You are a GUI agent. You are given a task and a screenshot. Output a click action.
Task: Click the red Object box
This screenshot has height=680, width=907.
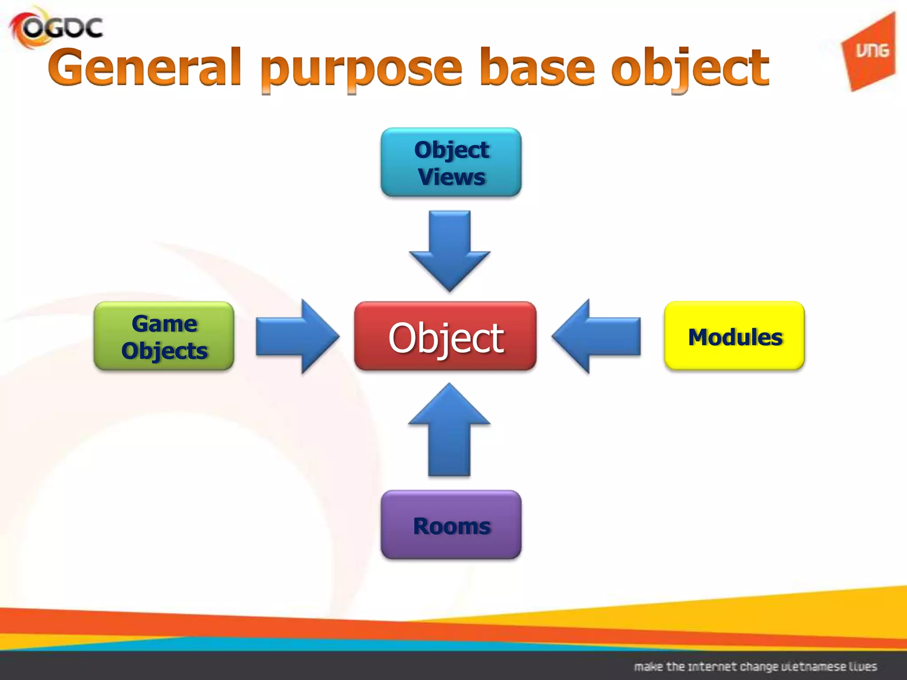point(445,336)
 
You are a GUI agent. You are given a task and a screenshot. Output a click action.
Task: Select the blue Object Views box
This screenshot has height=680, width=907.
point(451,162)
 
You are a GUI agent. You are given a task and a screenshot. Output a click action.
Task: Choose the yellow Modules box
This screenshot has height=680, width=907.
point(734,336)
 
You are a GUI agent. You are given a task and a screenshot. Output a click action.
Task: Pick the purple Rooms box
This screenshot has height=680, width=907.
point(451,525)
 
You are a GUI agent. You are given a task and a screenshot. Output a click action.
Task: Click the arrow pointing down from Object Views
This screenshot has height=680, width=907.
point(450,248)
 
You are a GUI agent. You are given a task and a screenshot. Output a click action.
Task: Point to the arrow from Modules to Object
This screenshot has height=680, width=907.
point(598,336)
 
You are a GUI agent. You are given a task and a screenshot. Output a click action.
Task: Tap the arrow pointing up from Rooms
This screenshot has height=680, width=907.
point(450,432)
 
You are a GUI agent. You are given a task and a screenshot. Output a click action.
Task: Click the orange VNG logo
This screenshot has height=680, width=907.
point(870,52)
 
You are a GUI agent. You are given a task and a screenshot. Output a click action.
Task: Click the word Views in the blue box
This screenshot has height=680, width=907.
point(452,177)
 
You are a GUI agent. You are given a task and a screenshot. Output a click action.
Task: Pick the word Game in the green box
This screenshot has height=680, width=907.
point(164,324)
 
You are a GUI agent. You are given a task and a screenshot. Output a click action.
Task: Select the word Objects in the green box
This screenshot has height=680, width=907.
point(164,351)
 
